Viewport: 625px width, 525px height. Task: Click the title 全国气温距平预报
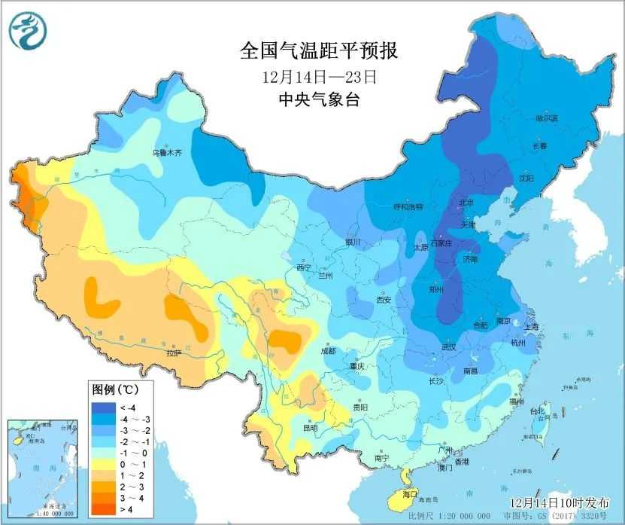point(318,50)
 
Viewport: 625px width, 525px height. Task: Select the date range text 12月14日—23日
point(318,76)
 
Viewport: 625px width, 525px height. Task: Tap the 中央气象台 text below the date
point(318,99)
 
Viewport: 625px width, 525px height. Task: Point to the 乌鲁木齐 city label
point(167,152)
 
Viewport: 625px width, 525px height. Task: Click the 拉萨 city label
point(174,352)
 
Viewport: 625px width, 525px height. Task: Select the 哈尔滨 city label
point(526,118)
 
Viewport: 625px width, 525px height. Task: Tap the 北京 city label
point(466,203)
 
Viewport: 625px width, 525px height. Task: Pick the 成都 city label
point(327,350)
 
